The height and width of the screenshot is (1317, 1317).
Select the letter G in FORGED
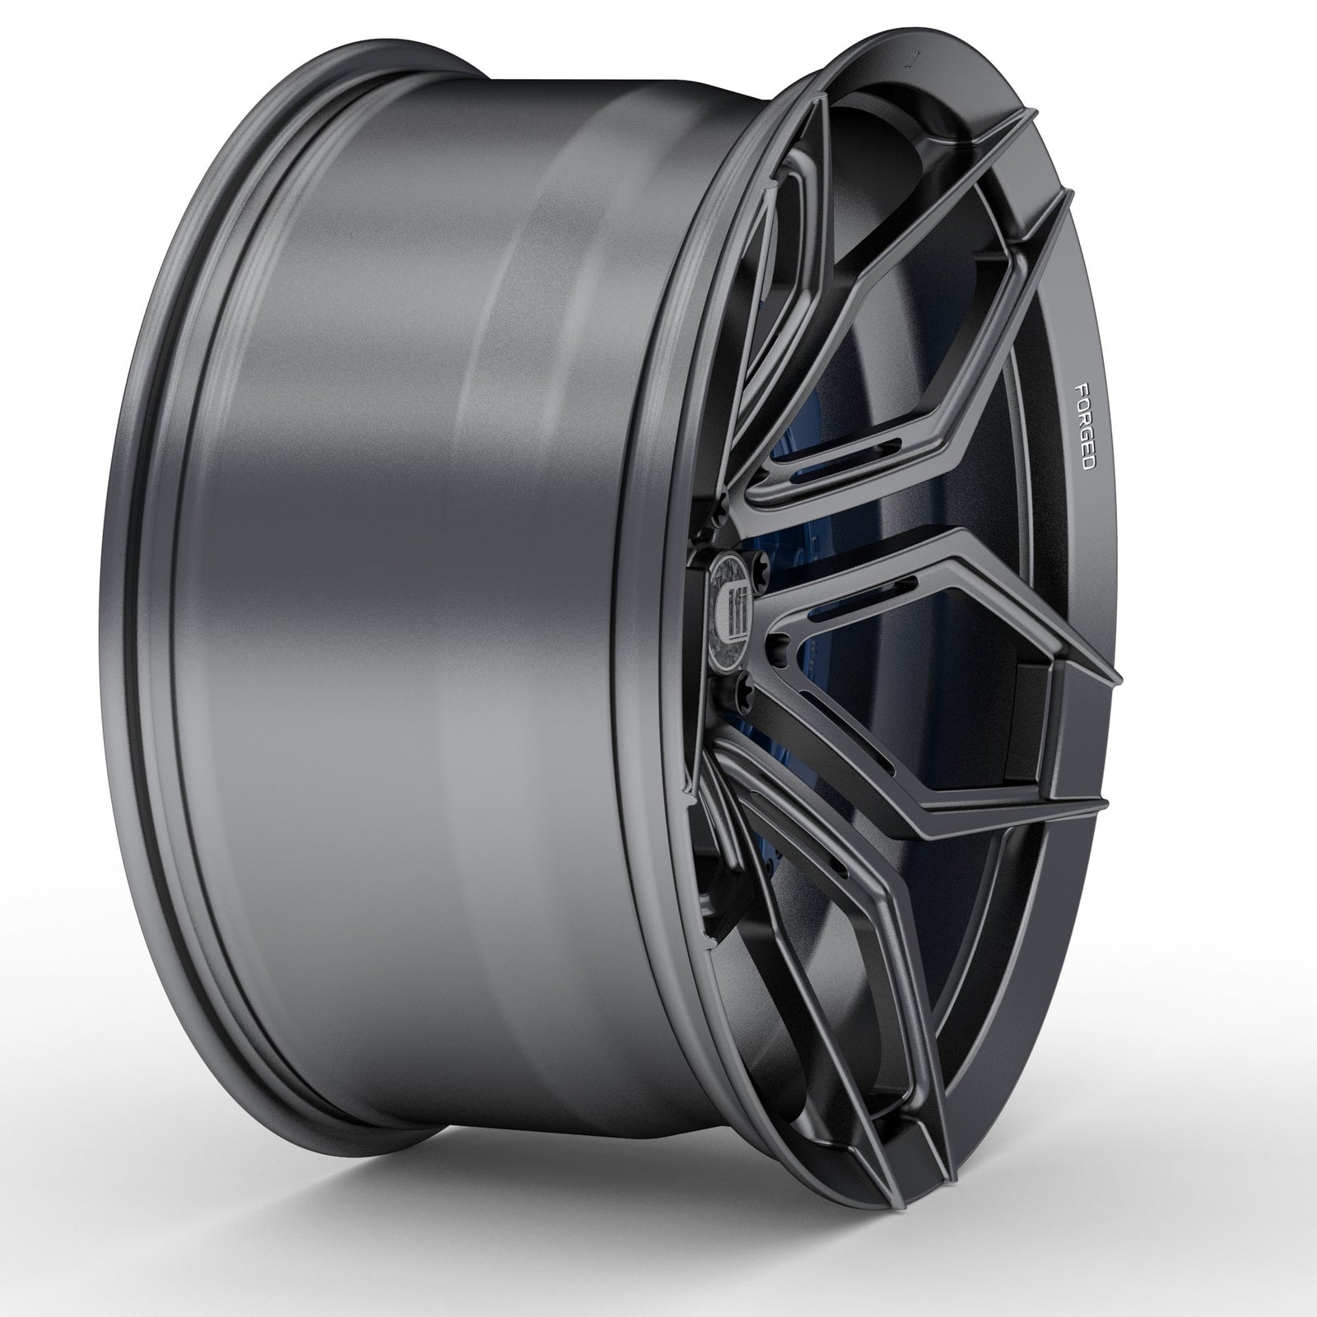(1086, 433)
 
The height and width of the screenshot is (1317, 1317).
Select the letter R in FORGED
(1084, 417)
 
